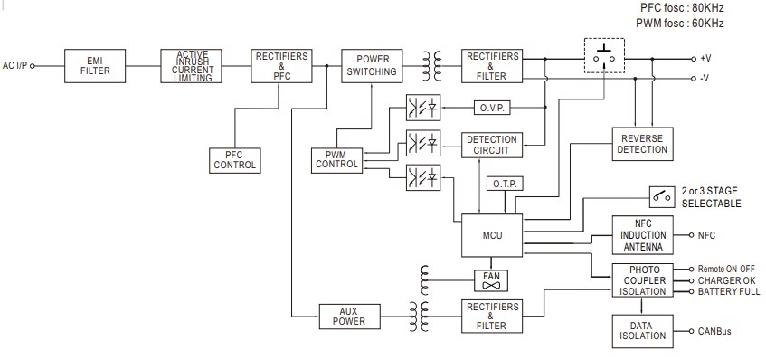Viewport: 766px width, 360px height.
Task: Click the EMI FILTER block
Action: coord(95,66)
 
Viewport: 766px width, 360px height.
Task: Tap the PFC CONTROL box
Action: coord(235,160)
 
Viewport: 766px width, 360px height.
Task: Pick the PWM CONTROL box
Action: coord(336,160)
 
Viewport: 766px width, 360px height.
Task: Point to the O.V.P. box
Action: coord(492,109)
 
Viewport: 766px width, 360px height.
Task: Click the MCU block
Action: coord(492,235)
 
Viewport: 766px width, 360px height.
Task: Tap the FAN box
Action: coord(492,279)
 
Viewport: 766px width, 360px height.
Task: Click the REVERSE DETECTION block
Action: coord(642,144)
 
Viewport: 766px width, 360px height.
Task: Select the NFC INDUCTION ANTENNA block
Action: coord(643,234)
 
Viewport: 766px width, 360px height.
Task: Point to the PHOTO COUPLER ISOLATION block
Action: coord(643,279)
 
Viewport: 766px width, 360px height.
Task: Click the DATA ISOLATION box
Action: coord(643,329)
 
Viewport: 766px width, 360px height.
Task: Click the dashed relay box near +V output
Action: coord(603,57)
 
